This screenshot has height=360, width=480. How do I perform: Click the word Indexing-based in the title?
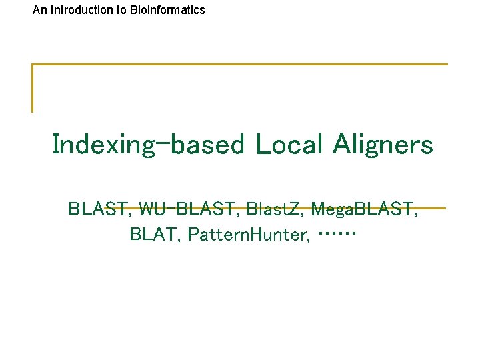tap(148, 145)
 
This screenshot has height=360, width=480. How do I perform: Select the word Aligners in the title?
tap(385, 145)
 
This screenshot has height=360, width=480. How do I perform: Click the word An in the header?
tap(39, 10)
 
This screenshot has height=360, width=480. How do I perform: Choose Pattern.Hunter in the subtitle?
tap(249, 235)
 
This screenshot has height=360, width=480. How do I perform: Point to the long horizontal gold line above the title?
tap(240, 65)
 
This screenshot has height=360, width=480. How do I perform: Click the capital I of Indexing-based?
tap(56, 144)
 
